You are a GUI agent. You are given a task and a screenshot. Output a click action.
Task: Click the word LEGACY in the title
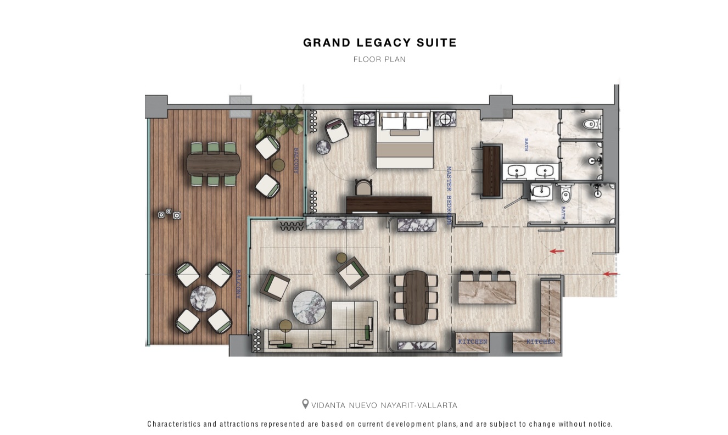[x=379, y=43]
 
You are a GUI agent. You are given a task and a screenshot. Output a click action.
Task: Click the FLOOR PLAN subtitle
[x=379, y=59]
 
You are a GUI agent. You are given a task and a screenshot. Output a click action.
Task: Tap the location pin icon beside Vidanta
[x=305, y=404]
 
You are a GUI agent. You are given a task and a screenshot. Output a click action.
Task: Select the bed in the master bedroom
[x=405, y=142]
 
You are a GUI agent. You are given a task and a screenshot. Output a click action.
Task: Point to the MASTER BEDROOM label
[x=449, y=194]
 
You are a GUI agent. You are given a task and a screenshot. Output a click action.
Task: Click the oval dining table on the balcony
[x=214, y=164]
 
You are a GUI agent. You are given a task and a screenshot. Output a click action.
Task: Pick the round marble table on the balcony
[x=203, y=298]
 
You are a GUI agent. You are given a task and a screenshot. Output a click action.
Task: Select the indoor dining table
[x=416, y=297]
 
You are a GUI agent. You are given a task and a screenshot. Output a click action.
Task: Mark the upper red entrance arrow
[x=557, y=252]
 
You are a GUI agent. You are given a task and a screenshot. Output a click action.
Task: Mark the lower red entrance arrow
[x=610, y=274]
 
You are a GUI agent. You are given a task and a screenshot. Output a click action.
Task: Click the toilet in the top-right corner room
[x=591, y=125]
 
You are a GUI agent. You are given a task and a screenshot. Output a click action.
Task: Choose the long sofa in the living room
[x=321, y=338]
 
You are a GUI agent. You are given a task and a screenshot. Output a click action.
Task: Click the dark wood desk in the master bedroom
[x=389, y=204]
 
